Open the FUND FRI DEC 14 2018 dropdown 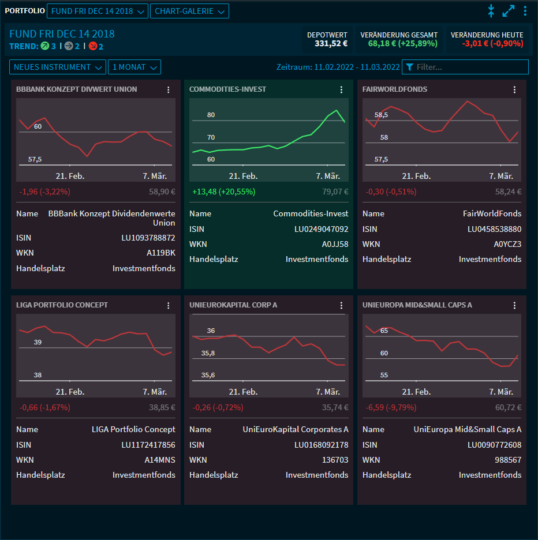pyautogui.click(x=97, y=11)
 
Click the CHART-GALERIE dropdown pyautogui.click(x=189, y=11)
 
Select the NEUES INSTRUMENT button pyautogui.click(x=58, y=67)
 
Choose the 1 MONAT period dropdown pyautogui.click(x=134, y=67)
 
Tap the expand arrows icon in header pyautogui.click(x=508, y=11)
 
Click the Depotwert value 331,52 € pyautogui.click(x=331, y=43)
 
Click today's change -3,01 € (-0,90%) pyautogui.click(x=492, y=43)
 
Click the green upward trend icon pyautogui.click(x=44, y=46)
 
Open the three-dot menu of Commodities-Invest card pyautogui.click(x=341, y=89)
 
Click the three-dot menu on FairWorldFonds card pyautogui.click(x=514, y=89)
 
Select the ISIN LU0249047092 pyautogui.click(x=321, y=229)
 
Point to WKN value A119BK pyautogui.click(x=160, y=252)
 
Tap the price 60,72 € pyautogui.click(x=508, y=407)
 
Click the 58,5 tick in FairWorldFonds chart pyautogui.click(x=381, y=115)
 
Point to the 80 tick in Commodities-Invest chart pyautogui.click(x=211, y=115)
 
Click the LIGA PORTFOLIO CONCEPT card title pyautogui.click(x=62, y=305)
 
